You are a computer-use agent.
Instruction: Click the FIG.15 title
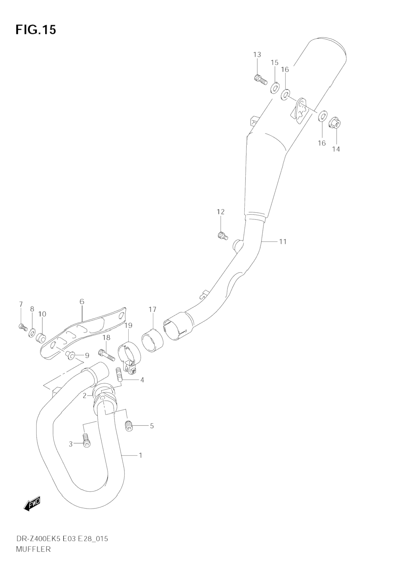click(x=36, y=30)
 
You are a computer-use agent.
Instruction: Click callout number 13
click(x=257, y=55)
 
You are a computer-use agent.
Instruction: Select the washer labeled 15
click(x=274, y=88)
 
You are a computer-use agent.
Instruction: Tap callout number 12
click(x=220, y=212)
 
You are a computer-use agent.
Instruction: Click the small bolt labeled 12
click(x=222, y=236)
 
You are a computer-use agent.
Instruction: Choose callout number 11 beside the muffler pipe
click(x=283, y=241)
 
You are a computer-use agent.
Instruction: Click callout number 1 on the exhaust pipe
click(x=140, y=455)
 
